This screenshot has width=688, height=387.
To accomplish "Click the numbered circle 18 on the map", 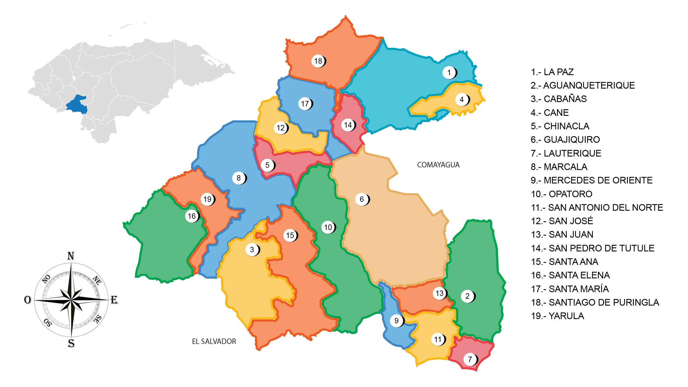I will pyautogui.click(x=318, y=61).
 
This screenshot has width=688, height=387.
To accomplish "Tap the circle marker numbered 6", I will pyautogui.click(x=362, y=199).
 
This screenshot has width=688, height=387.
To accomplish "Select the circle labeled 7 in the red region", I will pyautogui.click(x=470, y=359).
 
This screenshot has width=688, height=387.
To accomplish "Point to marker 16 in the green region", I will pyautogui.click(x=191, y=216).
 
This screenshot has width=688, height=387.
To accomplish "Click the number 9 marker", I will pyautogui.click(x=396, y=320).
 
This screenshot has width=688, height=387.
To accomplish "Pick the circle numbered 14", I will pyautogui.click(x=348, y=125).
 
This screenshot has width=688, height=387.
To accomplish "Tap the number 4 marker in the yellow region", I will pyautogui.click(x=462, y=99).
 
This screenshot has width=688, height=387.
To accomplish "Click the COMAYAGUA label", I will pyautogui.click(x=438, y=165).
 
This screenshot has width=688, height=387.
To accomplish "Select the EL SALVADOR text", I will pyautogui.click(x=214, y=341).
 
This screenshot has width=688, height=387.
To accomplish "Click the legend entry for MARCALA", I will pyautogui.click(x=559, y=167).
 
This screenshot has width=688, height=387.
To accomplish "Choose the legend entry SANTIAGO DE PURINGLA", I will pyautogui.click(x=595, y=302).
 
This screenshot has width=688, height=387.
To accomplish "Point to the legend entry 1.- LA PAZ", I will pyautogui.click(x=552, y=72).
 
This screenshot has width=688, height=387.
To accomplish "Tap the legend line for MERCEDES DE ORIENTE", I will pyautogui.click(x=591, y=180).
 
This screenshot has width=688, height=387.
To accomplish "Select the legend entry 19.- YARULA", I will pyautogui.click(x=557, y=316).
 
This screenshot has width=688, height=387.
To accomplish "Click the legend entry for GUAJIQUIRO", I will pyautogui.click(x=565, y=140).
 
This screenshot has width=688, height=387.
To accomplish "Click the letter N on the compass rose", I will pyautogui.click(x=71, y=256).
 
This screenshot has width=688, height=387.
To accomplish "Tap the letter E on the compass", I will pyautogui.click(x=114, y=300).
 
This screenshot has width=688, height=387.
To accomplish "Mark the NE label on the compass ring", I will pyautogui.click(x=97, y=280).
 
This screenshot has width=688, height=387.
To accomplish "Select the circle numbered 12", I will pyautogui.click(x=280, y=128).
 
